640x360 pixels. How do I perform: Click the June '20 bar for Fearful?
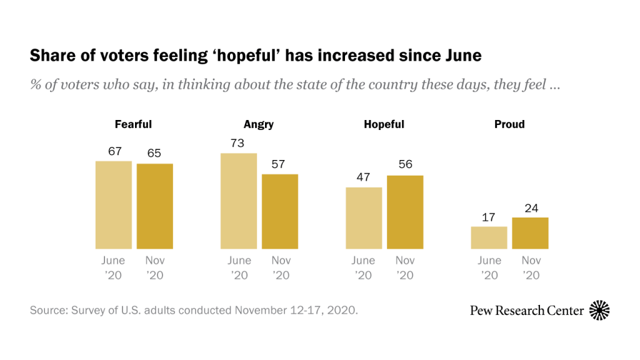113,205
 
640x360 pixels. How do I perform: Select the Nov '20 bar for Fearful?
154,206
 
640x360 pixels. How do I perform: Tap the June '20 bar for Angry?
238,201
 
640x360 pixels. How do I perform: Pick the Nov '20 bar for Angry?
279,211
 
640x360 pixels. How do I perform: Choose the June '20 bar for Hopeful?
364,218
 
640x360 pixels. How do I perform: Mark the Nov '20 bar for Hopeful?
405,212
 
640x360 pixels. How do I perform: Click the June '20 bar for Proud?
489,237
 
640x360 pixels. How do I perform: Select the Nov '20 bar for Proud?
530,233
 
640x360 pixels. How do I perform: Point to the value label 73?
238,144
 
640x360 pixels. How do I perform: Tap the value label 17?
489,217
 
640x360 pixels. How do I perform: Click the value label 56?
405,166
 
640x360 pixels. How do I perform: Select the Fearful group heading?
133,124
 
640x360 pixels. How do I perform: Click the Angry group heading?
259,124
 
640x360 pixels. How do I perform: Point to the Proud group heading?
509,124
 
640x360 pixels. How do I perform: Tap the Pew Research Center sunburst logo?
599,310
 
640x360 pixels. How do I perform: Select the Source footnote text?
194,310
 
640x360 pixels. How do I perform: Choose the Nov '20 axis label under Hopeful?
405,267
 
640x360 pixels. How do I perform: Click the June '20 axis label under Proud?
489,267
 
